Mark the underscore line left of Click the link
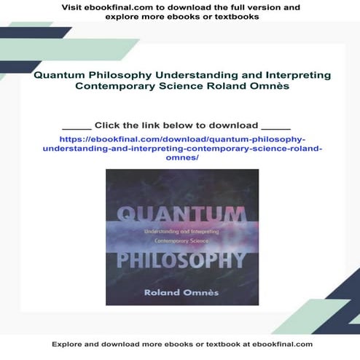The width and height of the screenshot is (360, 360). [x=77, y=127]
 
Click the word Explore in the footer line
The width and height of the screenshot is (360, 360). [x=69, y=344]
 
